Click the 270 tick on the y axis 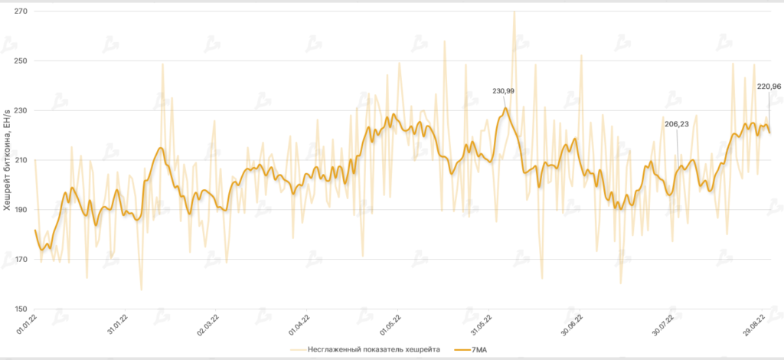(20, 11)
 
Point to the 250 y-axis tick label (20, 61)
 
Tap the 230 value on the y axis (20, 110)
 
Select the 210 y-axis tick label (20, 160)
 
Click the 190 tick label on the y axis (20, 210)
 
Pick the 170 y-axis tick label (20, 260)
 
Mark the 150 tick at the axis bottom (20, 309)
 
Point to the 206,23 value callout (677, 123)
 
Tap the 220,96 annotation (768, 87)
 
